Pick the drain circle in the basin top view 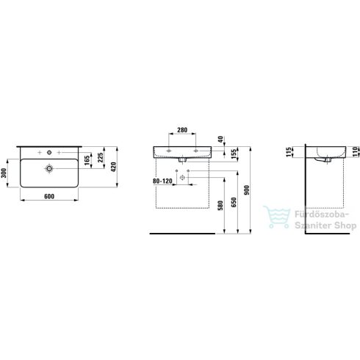(x=49, y=170)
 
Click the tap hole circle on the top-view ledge (x=48, y=153)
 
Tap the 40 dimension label (x=221, y=140)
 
